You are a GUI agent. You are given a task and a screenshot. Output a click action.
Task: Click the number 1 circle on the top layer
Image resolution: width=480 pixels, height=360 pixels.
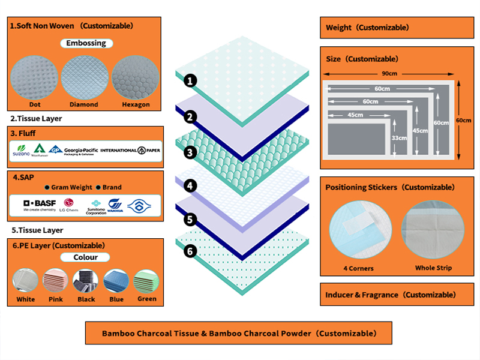coord(190,80)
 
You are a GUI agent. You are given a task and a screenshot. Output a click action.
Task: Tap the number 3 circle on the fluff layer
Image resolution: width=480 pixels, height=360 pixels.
coord(190,152)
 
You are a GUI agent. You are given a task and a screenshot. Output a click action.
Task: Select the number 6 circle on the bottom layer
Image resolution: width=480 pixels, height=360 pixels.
coord(190,251)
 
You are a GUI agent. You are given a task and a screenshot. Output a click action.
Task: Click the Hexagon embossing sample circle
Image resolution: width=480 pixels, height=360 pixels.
coord(135,76)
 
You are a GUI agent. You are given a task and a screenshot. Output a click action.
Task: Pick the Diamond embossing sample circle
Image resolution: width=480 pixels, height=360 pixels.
coord(83,76)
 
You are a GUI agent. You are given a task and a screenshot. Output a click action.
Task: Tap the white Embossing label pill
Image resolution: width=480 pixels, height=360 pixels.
coord(86,43)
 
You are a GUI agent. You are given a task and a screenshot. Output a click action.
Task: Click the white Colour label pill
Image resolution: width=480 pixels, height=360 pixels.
coord(86,257)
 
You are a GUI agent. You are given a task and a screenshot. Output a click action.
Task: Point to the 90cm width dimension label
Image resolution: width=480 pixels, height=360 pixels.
coord(389,74)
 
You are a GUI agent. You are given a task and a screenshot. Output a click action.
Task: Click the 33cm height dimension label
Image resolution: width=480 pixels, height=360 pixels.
coord(400,137)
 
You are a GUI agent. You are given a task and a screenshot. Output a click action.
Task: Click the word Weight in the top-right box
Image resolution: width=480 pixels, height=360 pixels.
coord(339,28)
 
